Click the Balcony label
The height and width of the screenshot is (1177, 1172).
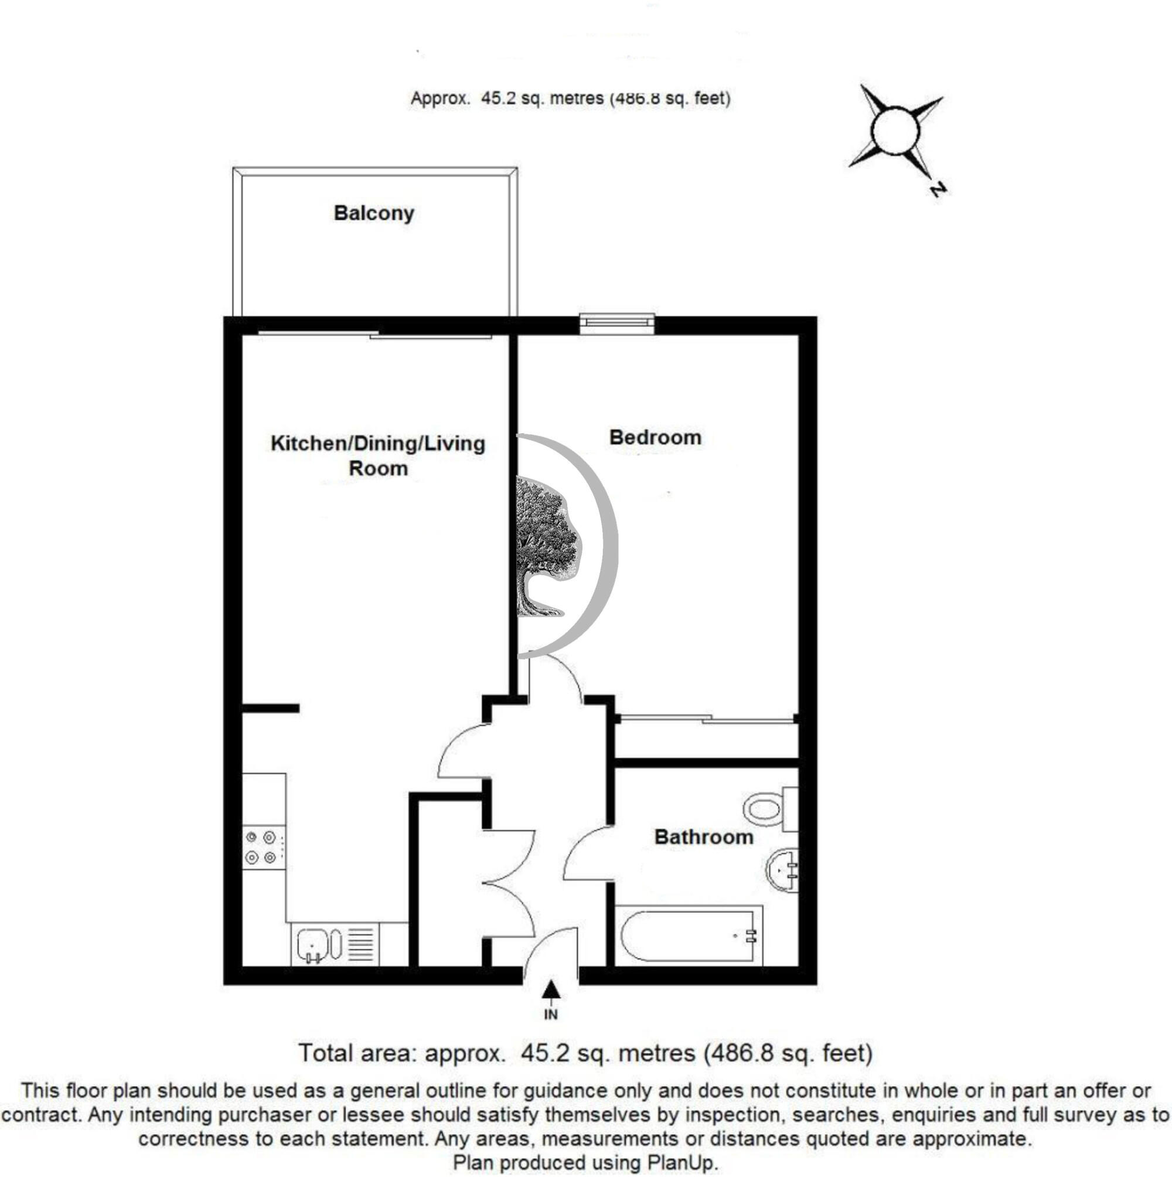(374, 213)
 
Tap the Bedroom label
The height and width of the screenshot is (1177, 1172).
(655, 437)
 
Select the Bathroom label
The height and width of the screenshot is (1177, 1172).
(704, 837)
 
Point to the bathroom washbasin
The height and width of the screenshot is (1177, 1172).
(782, 871)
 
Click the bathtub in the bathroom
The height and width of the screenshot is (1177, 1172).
(689, 934)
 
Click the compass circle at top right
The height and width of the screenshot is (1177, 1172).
(895, 130)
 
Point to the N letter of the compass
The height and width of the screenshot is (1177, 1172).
(938, 189)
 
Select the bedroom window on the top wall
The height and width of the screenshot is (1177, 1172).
(616, 324)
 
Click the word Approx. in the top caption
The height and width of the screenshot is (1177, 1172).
(441, 98)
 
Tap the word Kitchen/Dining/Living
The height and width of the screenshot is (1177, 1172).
(377, 444)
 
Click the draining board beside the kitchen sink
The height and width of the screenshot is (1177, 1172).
(362, 944)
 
